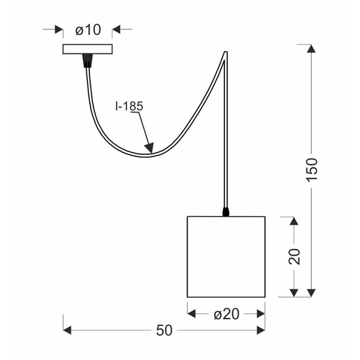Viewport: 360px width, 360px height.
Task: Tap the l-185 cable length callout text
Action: point(130,106)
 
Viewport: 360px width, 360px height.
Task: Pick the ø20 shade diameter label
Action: point(226,314)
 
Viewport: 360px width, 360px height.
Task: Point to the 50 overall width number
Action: point(164,330)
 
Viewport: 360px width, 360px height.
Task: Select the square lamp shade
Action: point(226,256)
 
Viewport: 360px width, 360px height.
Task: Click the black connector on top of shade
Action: point(226,212)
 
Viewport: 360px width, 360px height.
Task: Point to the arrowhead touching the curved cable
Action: point(149,147)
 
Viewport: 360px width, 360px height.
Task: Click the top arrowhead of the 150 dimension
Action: point(311,50)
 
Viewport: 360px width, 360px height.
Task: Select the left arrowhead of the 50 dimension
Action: point(68,330)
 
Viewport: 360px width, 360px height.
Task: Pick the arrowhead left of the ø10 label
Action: point(58,29)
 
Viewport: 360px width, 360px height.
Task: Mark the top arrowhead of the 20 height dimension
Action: point(293,221)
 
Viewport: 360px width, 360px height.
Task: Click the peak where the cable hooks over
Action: point(226,53)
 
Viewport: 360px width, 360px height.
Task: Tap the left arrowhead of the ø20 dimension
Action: point(193,313)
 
